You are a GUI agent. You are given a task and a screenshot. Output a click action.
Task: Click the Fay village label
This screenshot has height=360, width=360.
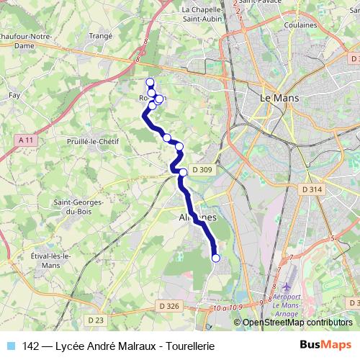pyautogui.click(x=14, y=94)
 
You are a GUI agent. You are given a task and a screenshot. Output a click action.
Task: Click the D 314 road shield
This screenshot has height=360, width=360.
pyautogui.click(x=311, y=189)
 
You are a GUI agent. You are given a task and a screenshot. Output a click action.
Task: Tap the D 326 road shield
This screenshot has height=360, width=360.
pyautogui.click(x=168, y=306)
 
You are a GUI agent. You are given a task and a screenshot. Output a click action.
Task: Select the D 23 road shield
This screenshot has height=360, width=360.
pyautogui.click(x=96, y=319)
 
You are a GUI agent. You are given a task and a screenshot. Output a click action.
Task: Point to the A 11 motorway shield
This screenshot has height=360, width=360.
pyautogui.click(x=27, y=140)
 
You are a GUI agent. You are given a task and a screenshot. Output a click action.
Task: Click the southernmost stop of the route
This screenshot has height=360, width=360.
pyautogui.click(x=215, y=258)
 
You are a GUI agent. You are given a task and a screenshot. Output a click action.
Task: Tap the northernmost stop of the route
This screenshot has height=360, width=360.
pyautogui.click(x=150, y=82)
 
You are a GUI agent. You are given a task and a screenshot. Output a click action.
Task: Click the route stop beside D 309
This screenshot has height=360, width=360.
pyautogui.click(x=184, y=171)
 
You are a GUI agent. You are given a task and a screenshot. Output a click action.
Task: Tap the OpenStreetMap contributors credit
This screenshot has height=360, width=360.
pyautogui.click(x=297, y=323)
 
